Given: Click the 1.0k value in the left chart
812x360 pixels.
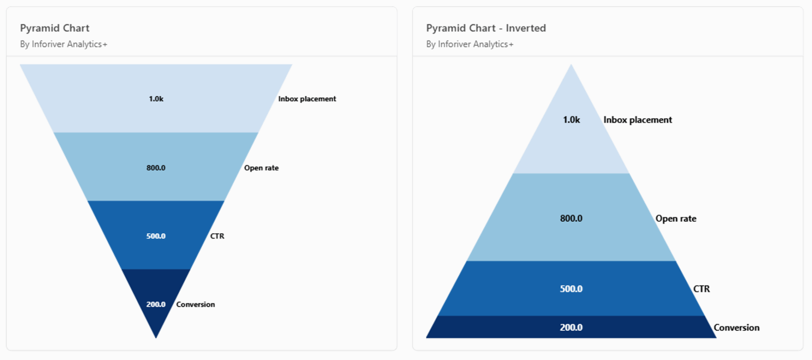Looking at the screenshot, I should coord(156,99).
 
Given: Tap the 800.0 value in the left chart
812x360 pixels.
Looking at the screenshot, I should coord(156,168).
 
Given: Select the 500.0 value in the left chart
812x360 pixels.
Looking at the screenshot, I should coord(156,236).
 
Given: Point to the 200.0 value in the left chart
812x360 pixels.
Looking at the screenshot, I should coord(156,304).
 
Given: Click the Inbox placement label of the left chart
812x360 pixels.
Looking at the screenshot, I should coord(307,99).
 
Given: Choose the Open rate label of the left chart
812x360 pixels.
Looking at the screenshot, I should coord(261,168).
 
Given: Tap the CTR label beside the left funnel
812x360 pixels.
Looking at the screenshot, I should coord(217,236).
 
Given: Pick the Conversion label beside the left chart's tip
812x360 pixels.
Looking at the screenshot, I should coord(195,304).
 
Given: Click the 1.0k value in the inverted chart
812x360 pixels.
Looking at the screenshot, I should coord(571,120).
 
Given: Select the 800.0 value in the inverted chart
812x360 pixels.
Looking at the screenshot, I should coord(571,218).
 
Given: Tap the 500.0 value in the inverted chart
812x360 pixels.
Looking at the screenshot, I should coord(571,289).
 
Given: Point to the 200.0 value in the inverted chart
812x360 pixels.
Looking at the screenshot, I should coord(571,327).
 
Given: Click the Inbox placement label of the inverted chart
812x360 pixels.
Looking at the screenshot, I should coord(638,120).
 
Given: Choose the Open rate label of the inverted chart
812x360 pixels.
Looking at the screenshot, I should coord(676,218).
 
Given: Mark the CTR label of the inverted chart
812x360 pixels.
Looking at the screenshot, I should coord(701,289).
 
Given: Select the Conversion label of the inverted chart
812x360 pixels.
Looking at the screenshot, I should coord(736,327).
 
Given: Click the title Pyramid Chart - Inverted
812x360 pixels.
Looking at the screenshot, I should coord(486,28).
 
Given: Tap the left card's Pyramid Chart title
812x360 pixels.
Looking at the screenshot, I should coord(55,28).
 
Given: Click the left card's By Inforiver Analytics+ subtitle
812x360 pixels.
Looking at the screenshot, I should coord(63,44).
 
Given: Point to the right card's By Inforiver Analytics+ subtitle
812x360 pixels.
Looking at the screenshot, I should coord(469,44).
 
